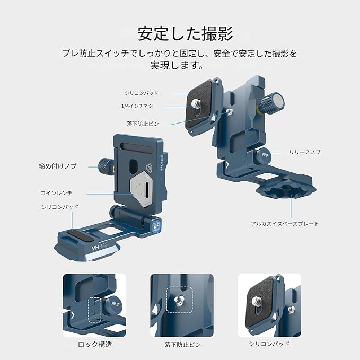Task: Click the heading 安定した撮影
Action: pos(185,34)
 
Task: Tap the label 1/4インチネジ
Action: pos(137,106)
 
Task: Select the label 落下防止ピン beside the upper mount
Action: pos(143,124)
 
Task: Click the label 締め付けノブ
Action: pos(57,166)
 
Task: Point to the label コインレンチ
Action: pos(57,193)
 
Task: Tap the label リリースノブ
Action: pos(305,152)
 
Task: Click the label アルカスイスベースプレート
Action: pos(285,224)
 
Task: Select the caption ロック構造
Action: pos(95,345)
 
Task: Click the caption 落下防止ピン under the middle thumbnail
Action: pos(183,345)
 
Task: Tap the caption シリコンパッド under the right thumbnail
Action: pos(269,344)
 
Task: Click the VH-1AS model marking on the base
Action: pos(100,248)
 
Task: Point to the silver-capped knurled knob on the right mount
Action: pos(273,103)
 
